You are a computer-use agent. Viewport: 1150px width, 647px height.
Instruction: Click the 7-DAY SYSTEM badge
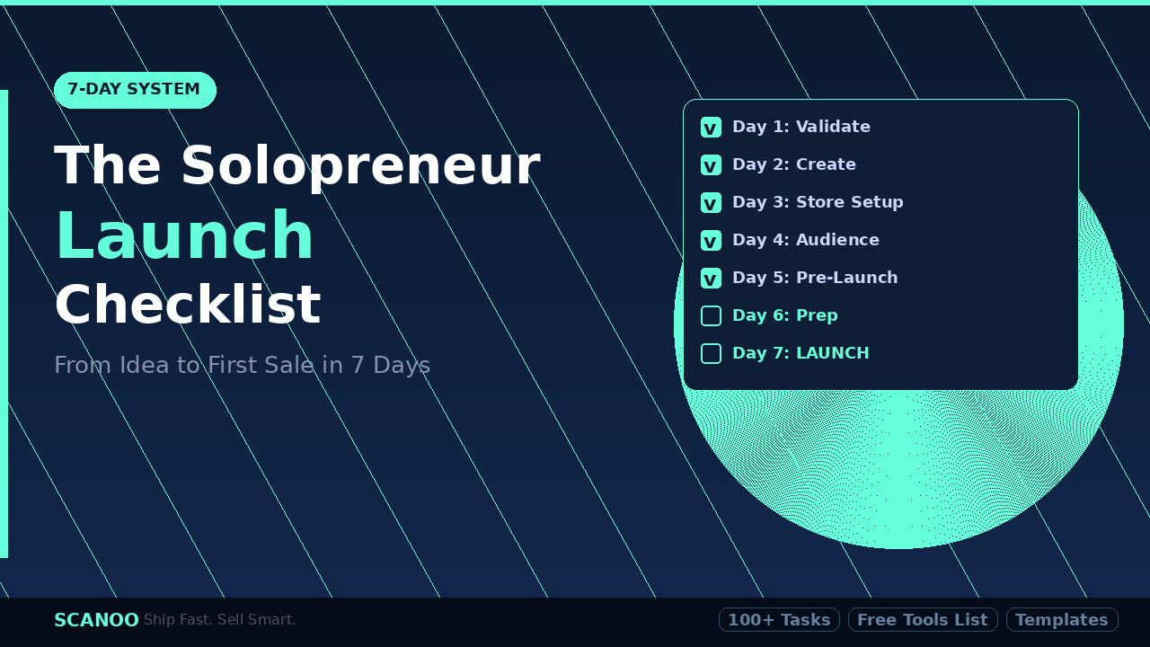(135, 90)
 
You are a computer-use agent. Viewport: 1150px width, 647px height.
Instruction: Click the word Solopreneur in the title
(359, 167)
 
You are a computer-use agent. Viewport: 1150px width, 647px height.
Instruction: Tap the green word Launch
(184, 236)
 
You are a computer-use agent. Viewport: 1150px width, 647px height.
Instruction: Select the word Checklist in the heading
(187, 306)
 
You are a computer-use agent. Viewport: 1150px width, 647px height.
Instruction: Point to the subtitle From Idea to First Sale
(242, 366)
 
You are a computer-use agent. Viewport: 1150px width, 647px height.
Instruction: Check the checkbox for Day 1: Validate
(711, 128)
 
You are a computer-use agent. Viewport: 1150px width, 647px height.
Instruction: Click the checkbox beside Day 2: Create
(711, 165)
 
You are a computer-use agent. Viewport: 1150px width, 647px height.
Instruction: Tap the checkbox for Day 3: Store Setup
(711, 203)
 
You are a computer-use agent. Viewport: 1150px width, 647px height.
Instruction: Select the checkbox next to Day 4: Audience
(711, 241)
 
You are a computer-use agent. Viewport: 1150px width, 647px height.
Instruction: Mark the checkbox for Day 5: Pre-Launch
(711, 279)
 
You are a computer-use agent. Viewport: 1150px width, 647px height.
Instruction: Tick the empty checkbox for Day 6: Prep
(711, 316)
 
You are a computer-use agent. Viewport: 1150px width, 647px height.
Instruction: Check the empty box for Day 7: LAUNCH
(711, 354)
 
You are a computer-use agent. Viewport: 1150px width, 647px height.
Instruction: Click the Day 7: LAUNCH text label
(801, 353)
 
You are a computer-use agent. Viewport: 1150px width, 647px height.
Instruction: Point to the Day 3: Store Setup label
(818, 202)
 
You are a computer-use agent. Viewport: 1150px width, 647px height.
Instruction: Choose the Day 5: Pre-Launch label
(815, 278)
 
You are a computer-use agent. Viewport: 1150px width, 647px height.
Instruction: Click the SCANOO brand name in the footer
(96, 620)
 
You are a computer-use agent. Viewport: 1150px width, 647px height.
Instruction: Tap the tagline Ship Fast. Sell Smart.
(220, 620)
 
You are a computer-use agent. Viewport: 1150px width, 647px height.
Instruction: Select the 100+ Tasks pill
(779, 620)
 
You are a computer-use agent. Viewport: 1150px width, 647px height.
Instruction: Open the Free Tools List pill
(923, 620)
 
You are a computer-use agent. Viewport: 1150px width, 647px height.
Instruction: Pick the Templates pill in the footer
(1062, 620)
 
